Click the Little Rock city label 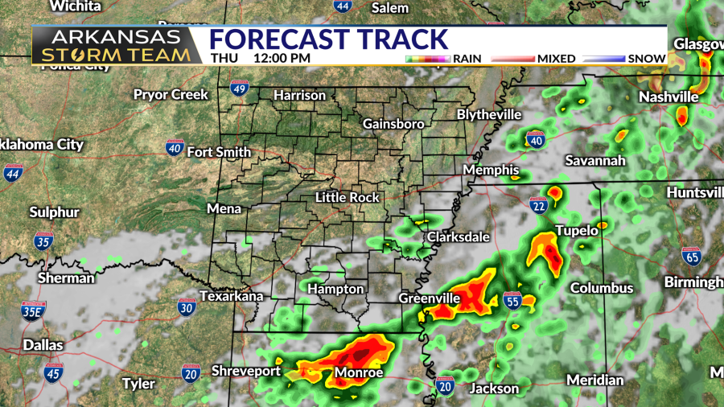347,197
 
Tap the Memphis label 491,171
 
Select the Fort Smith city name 219,151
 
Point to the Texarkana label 232,296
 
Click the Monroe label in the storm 358,372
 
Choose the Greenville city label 429,298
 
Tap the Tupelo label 576,231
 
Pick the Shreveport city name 245,371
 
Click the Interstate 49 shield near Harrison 239,88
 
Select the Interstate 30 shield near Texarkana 187,306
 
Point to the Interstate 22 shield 538,206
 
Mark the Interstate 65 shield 690,256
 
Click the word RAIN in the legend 467,58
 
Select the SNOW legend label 647,58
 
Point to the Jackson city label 494,388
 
